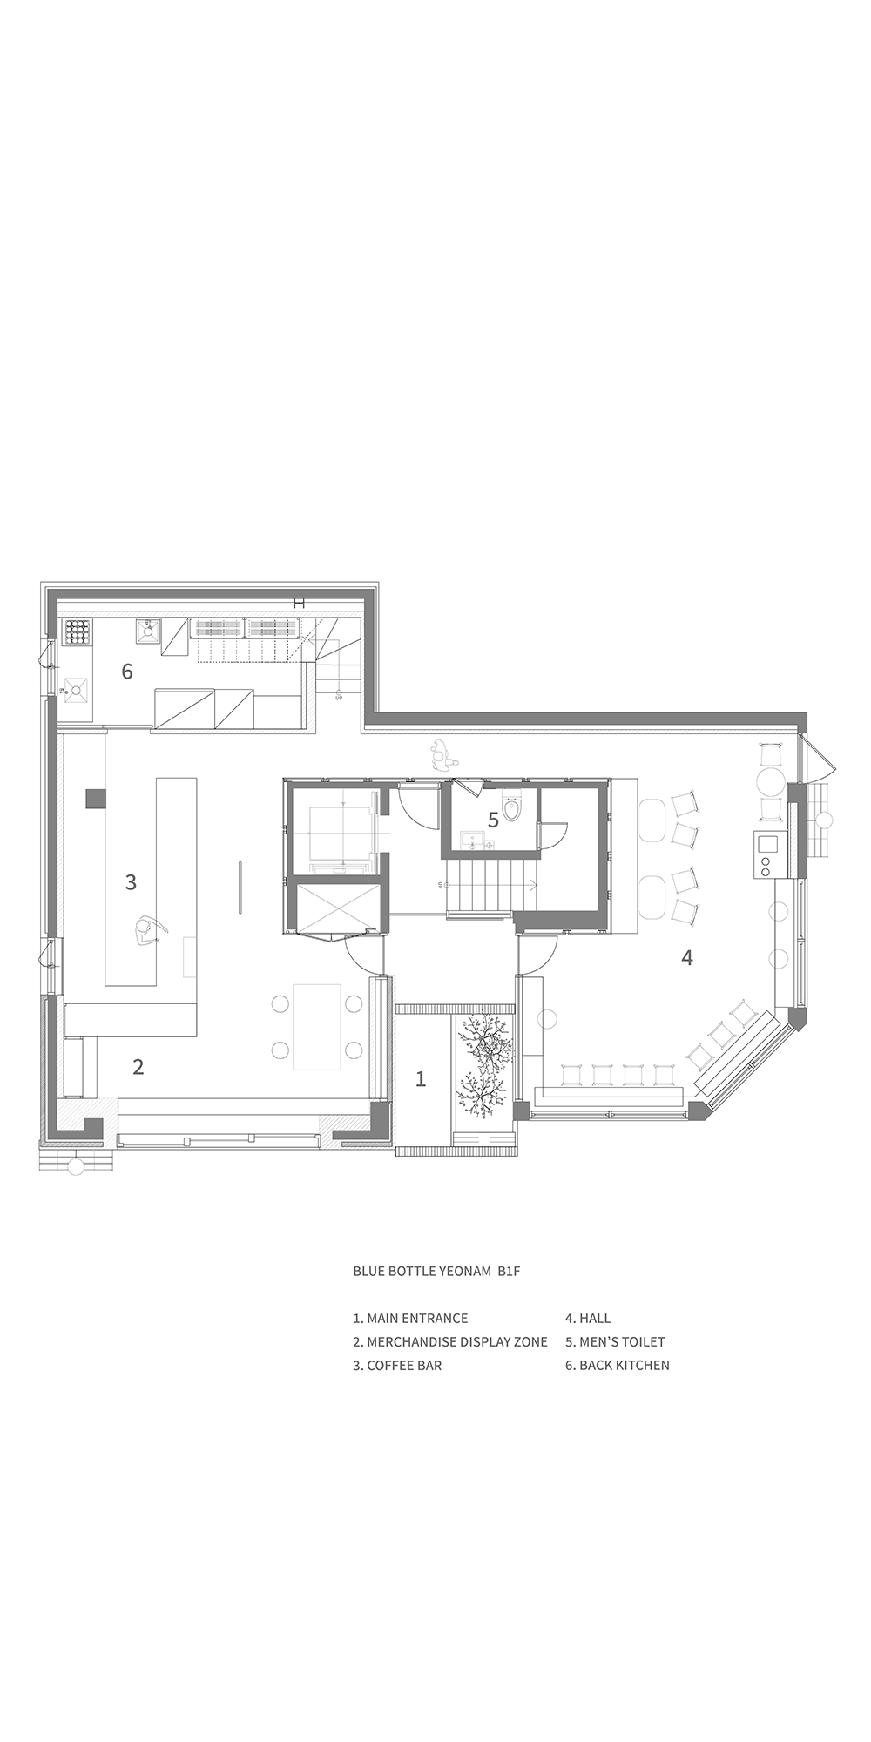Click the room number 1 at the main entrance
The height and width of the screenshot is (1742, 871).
tap(421, 1079)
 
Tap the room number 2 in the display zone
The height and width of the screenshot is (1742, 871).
tap(138, 1066)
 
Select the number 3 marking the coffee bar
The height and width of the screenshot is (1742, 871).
tap(131, 881)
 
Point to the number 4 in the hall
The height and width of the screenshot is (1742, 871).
tap(687, 957)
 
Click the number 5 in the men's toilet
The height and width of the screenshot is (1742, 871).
tap(493, 820)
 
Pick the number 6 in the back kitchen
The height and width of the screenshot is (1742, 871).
tap(127, 672)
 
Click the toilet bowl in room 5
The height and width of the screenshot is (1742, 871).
tap(512, 810)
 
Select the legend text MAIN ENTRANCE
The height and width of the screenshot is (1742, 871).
tap(417, 1318)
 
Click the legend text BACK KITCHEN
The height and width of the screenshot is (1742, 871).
tap(625, 1365)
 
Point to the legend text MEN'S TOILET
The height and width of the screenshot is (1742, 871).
tap(622, 1341)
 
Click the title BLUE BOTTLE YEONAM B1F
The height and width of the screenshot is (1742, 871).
tap(436, 1271)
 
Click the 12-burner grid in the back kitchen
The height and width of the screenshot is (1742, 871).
tap(78, 632)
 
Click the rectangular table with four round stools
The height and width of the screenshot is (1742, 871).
tap(316, 1026)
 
